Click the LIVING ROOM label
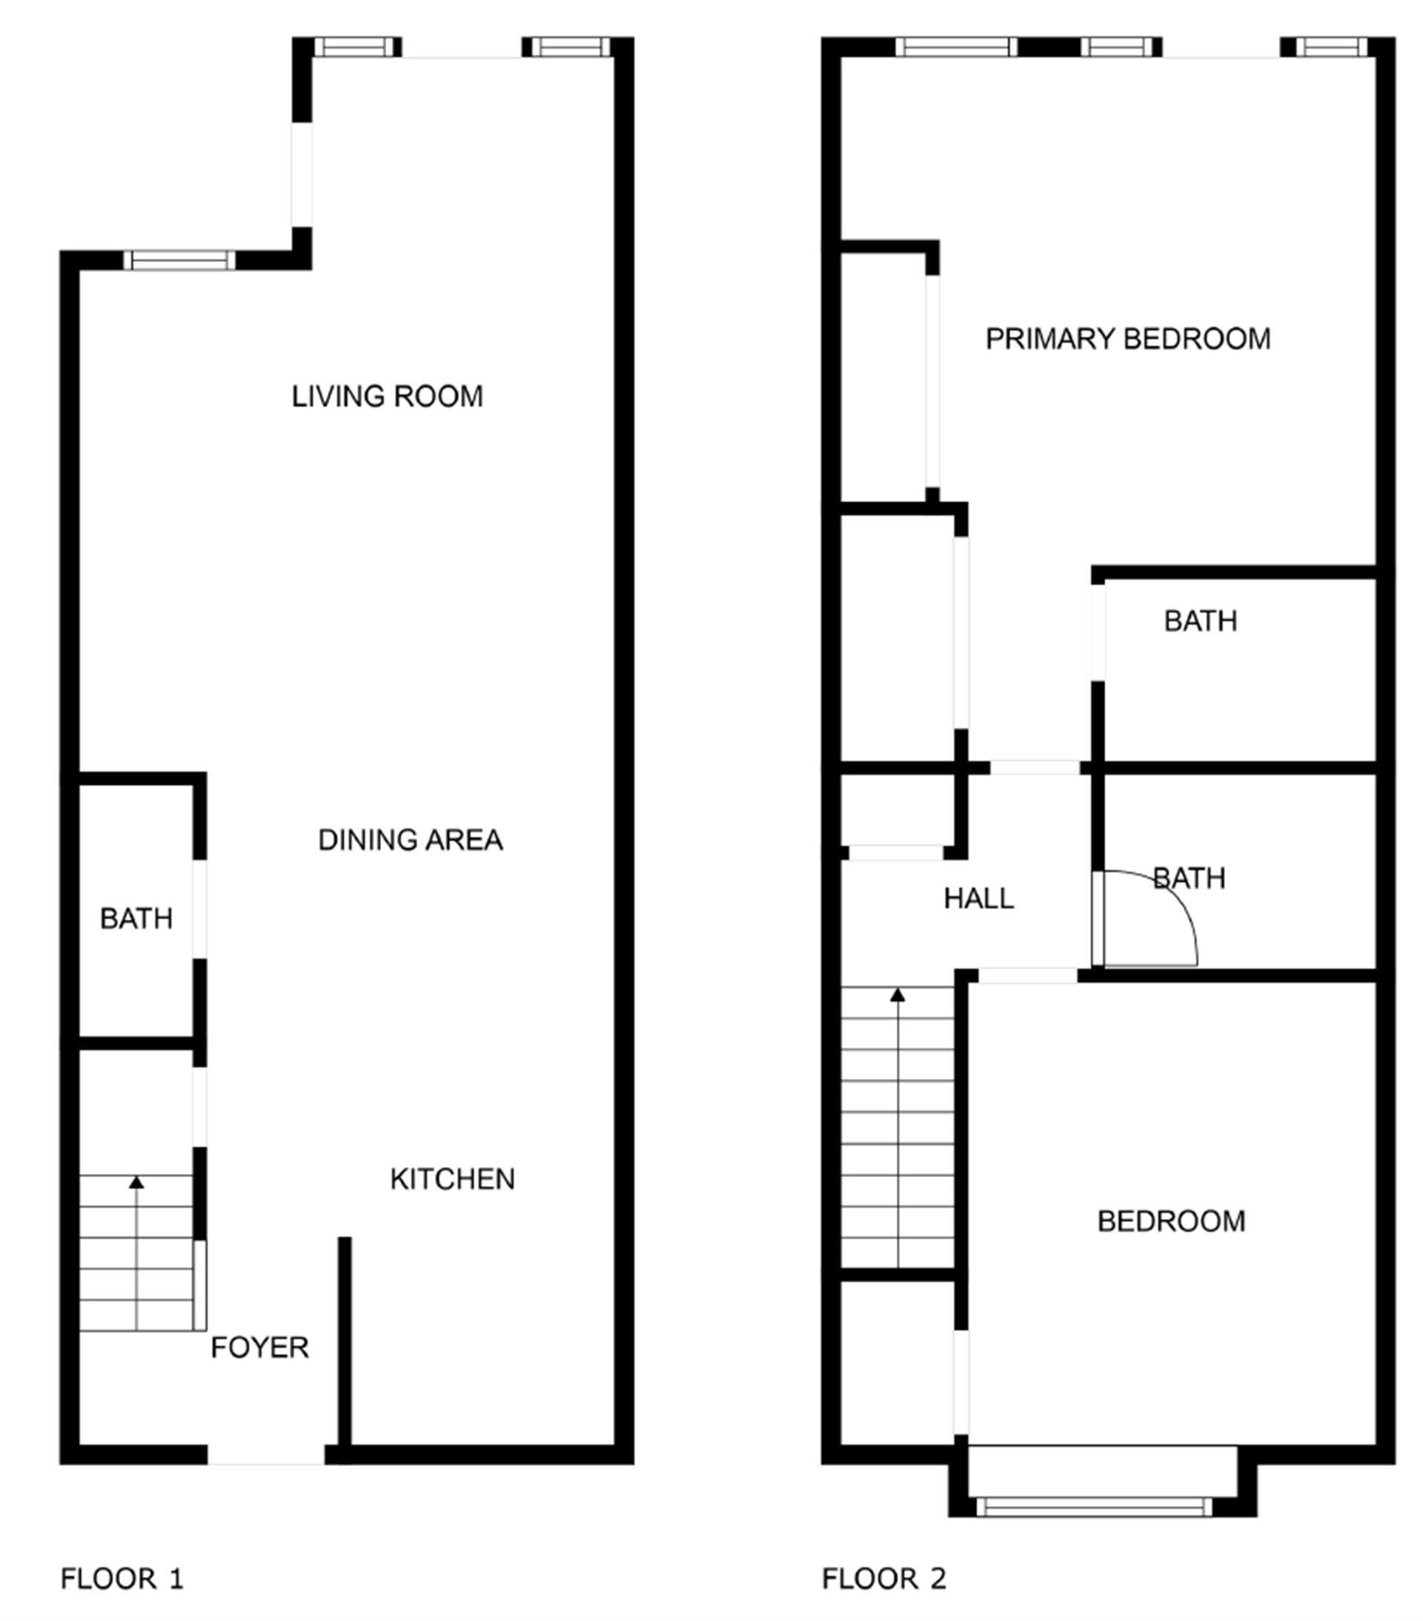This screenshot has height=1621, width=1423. click(x=387, y=396)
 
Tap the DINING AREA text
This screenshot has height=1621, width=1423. click(x=410, y=840)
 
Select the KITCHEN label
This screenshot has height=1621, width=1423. click(x=452, y=1179)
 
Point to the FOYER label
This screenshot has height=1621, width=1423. click(x=259, y=1347)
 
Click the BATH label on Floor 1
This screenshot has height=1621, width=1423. click(x=136, y=918)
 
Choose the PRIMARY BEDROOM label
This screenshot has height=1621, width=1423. click(x=1127, y=339)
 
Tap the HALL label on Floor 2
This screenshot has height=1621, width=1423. click(x=978, y=899)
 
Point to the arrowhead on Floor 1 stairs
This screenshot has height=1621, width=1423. click(x=136, y=1183)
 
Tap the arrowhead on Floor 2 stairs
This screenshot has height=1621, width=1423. click(x=898, y=994)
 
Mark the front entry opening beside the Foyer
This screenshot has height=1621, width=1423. click(x=266, y=1454)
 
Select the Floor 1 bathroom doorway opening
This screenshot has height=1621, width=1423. click(x=200, y=910)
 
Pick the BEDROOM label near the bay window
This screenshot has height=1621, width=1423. click(x=1171, y=1221)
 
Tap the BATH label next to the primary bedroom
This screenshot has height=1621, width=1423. click(x=1200, y=621)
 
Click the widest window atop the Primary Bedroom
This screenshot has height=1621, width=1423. click(x=957, y=47)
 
